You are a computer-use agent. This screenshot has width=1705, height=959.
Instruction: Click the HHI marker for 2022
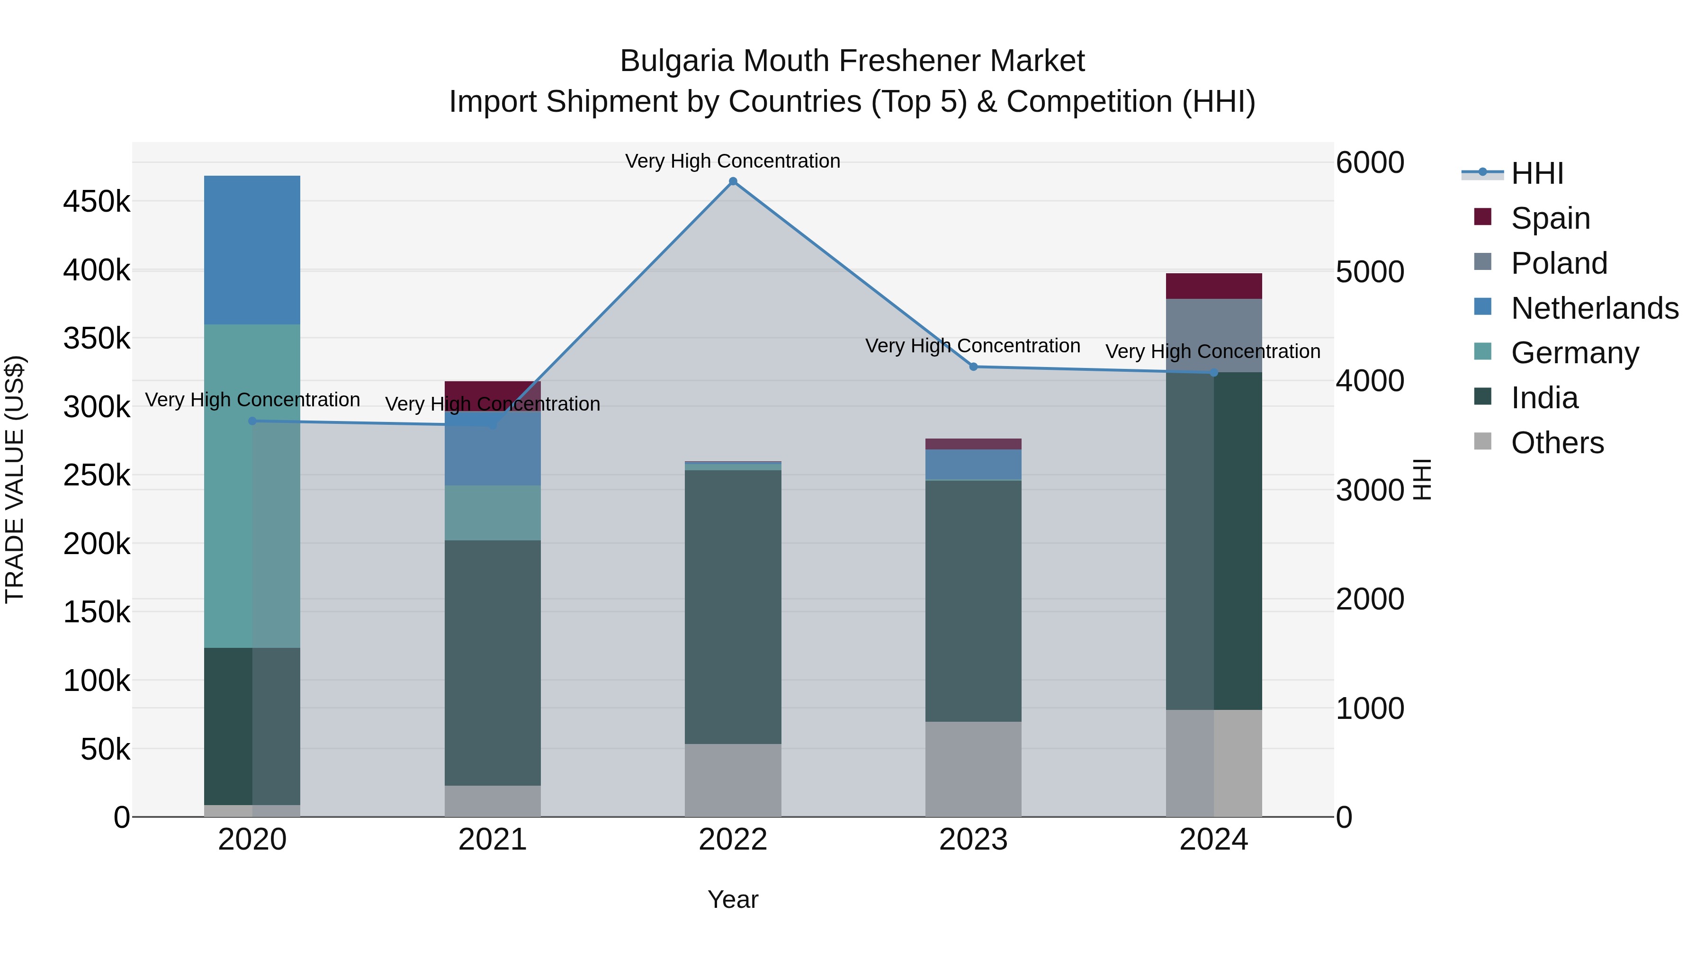pos(733,181)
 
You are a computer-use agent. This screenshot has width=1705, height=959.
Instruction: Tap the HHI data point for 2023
pos(973,367)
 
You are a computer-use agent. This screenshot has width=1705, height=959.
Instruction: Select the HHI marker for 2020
pos(252,421)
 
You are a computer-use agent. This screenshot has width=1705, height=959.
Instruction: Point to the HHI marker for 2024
pos(1213,373)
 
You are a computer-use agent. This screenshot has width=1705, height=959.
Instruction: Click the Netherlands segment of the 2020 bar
pos(252,250)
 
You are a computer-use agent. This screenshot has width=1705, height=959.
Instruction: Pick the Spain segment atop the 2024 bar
pos(1213,286)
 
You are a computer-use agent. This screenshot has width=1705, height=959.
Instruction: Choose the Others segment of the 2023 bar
pos(973,769)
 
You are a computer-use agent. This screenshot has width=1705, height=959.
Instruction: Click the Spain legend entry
pos(1550,218)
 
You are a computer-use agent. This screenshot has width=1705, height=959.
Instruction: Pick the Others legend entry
pos(1557,442)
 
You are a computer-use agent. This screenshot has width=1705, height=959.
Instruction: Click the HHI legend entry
pos(1537,173)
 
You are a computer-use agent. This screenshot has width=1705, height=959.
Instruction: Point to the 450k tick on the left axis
pos(97,201)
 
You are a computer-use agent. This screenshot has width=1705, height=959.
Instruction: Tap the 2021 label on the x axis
pos(493,840)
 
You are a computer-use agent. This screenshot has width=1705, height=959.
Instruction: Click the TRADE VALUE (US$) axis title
pos(15,479)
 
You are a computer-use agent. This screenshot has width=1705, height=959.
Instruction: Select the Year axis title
pos(733,899)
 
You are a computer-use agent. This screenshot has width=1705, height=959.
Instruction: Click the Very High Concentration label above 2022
pos(733,161)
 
